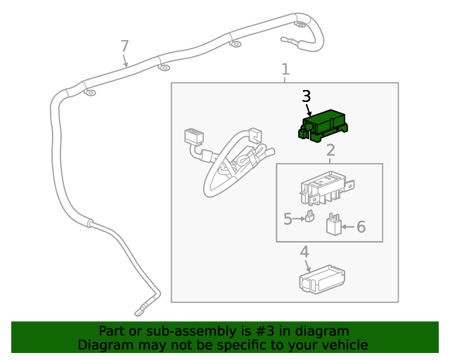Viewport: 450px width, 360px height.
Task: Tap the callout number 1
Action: (x=285, y=70)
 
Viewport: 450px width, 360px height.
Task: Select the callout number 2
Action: (x=330, y=150)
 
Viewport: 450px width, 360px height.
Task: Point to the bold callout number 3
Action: (x=306, y=96)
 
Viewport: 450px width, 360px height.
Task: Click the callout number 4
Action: (x=304, y=252)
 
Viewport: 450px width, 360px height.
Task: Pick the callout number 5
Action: (x=288, y=219)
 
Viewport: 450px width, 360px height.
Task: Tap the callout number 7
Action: (x=124, y=46)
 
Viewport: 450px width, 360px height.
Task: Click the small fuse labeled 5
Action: (x=309, y=217)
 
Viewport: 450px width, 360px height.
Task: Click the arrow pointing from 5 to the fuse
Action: (x=298, y=219)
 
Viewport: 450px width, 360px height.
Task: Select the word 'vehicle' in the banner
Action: (x=343, y=345)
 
